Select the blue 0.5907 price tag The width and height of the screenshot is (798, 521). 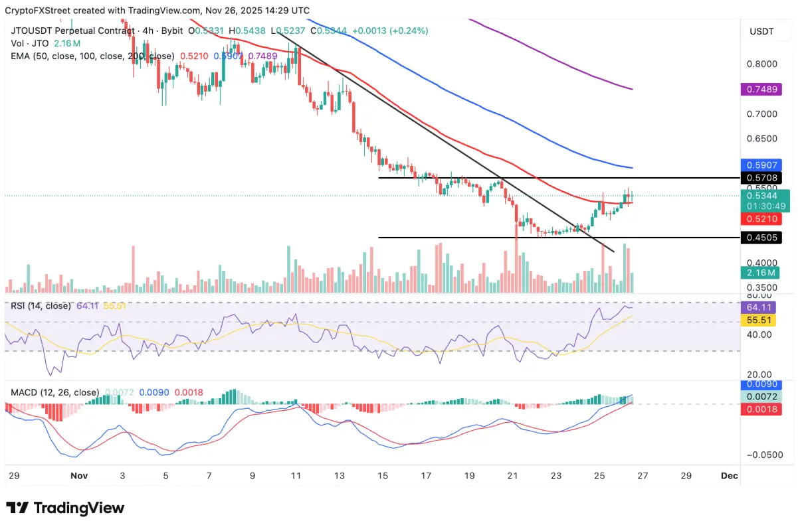[x=761, y=166]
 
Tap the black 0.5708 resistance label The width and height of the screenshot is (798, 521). [x=761, y=178]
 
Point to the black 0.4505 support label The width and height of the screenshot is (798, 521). [x=761, y=238]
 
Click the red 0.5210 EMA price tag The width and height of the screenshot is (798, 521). [x=761, y=218]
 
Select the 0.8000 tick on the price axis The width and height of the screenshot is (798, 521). [x=761, y=64]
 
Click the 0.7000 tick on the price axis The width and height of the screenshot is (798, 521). [x=761, y=114]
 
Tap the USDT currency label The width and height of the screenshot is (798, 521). [x=761, y=31]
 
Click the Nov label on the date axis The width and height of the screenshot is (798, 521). [x=78, y=476]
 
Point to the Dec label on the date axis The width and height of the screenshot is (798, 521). [x=728, y=476]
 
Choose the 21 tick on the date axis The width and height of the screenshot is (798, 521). [x=512, y=476]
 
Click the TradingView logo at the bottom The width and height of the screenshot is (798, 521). [x=65, y=508]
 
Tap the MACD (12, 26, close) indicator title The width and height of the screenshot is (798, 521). [x=54, y=392]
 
